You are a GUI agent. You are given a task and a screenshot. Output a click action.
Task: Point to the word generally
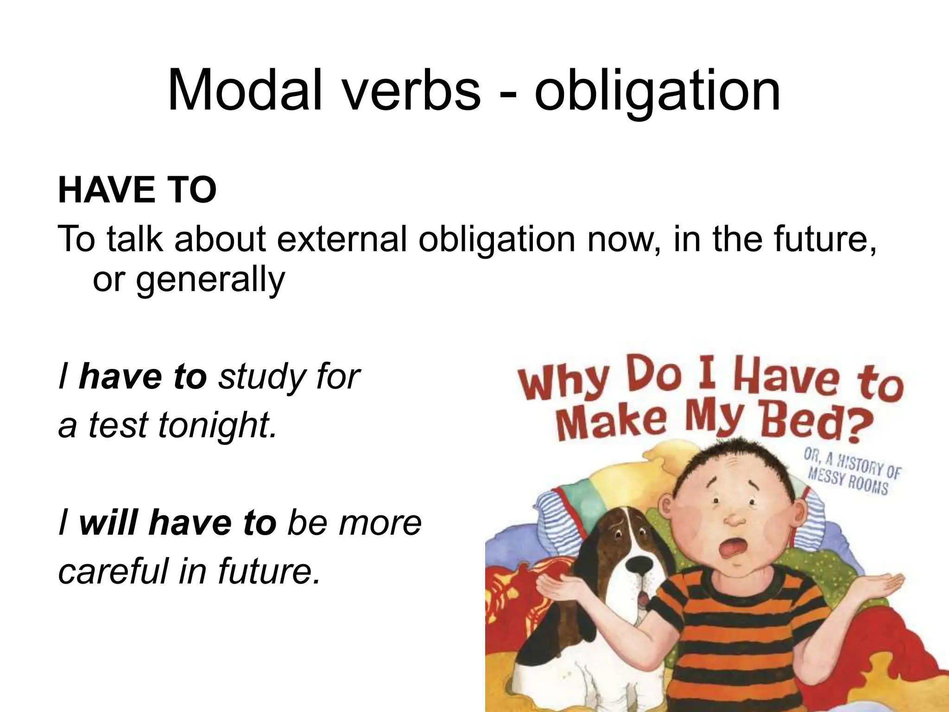pos(210,280)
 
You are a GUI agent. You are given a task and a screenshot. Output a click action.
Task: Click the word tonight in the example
pos(217,425)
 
